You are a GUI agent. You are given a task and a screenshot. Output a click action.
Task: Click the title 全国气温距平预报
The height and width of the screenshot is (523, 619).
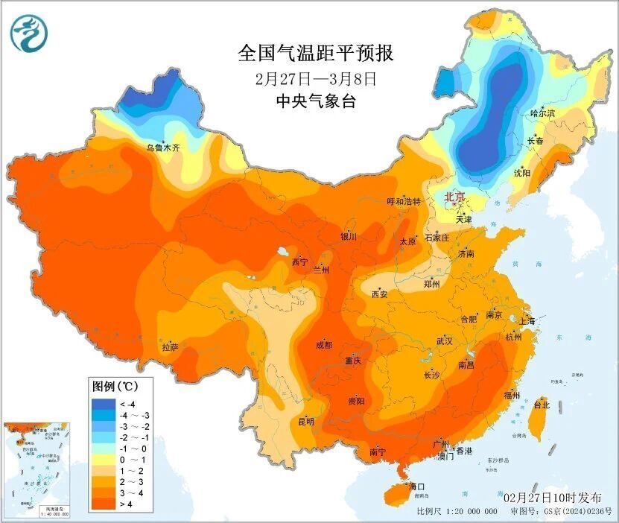pyautogui.click(x=315, y=54)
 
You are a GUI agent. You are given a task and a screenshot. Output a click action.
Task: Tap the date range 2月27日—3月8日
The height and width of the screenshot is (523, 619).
pyautogui.click(x=315, y=77)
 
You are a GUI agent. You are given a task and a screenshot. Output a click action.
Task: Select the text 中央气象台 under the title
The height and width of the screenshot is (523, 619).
pyautogui.click(x=315, y=101)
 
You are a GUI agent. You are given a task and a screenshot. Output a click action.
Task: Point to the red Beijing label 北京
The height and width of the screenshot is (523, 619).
pyautogui.click(x=454, y=197)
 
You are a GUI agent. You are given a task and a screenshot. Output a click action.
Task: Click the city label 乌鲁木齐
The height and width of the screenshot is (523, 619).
pyautogui.click(x=163, y=148)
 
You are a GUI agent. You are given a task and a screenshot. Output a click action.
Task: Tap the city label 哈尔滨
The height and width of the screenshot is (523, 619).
pyautogui.click(x=543, y=113)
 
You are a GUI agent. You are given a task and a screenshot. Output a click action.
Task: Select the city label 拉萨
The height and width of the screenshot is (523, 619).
pyautogui.click(x=171, y=346)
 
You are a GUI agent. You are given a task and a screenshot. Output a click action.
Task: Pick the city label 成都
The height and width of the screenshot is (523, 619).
pyautogui.click(x=324, y=345)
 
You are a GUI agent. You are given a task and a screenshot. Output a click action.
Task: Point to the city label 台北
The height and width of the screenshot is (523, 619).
pyautogui.click(x=542, y=405)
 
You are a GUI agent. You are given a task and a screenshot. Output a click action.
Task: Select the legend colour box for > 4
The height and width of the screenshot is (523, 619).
pyautogui.click(x=101, y=504)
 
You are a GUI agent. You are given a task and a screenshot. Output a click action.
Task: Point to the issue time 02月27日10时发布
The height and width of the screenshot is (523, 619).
pyautogui.click(x=556, y=497)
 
